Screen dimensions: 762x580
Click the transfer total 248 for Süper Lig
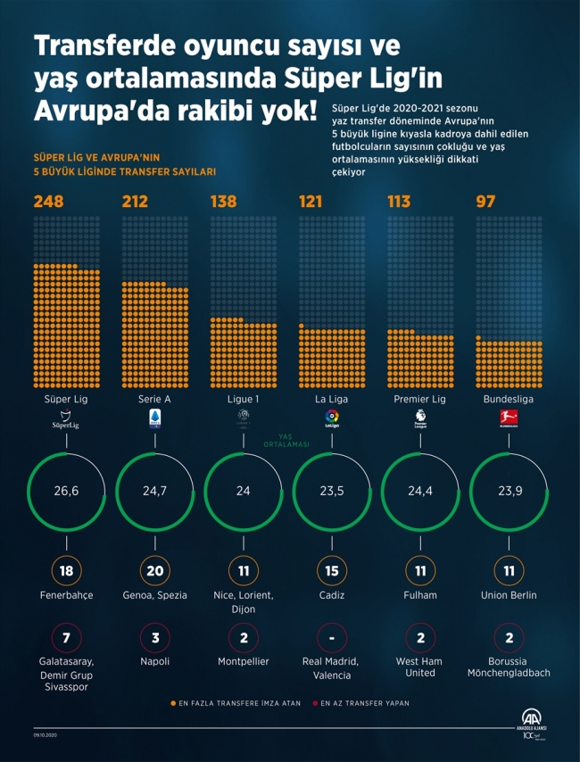click(x=49, y=202)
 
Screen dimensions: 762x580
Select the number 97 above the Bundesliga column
click(x=485, y=202)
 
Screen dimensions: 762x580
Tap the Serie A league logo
click(x=154, y=420)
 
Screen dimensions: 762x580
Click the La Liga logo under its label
click(x=332, y=418)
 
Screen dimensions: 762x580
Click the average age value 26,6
click(x=67, y=492)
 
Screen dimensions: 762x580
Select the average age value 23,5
click(x=332, y=492)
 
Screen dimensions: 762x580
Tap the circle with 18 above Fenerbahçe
click(x=67, y=569)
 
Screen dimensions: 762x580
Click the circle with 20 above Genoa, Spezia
click(x=155, y=569)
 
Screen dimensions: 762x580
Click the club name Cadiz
click(x=332, y=595)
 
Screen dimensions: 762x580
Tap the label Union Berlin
click(x=509, y=595)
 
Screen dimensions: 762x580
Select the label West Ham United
click(x=420, y=667)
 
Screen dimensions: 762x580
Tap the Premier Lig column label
click(x=420, y=399)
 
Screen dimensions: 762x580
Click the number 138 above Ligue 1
click(x=223, y=202)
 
